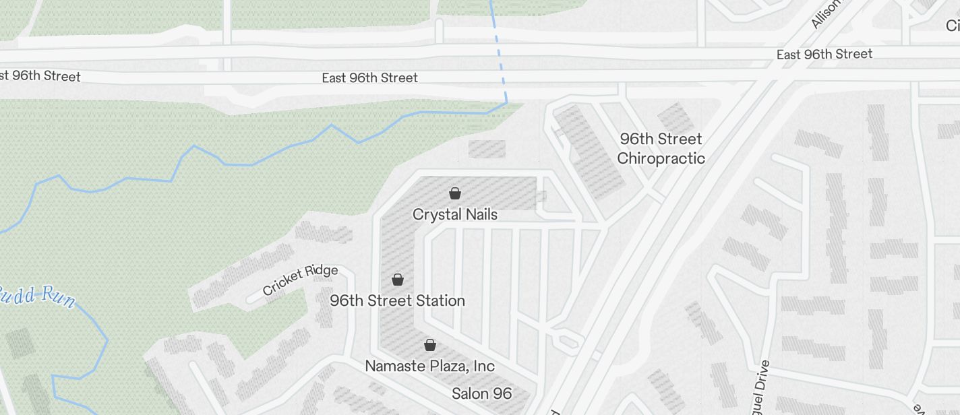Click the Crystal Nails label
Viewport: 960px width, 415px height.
click(455, 215)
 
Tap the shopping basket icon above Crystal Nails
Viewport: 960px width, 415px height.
click(455, 194)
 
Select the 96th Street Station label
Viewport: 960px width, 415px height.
click(398, 300)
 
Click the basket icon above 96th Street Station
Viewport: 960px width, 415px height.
click(398, 280)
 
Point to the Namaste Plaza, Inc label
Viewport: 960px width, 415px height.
click(430, 366)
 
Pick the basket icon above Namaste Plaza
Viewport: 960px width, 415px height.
click(430, 346)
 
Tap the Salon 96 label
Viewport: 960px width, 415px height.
click(482, 393)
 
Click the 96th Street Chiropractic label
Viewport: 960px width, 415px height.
click(661, 149)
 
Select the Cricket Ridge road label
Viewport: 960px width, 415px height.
click(300, 280)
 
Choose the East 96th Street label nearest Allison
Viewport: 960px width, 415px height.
click(824, 55)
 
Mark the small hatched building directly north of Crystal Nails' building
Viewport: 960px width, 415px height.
click(487, 149)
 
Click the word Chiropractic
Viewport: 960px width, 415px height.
click(661, 159)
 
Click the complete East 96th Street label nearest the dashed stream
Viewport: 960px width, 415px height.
click(369, 78)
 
